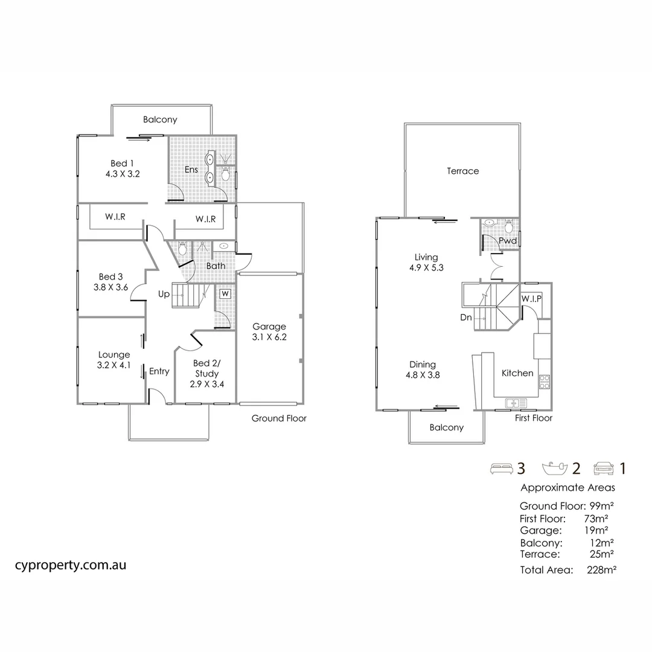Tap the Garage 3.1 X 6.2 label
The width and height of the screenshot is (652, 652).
coord(269,332)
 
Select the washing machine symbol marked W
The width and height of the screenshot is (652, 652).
coord(225,294)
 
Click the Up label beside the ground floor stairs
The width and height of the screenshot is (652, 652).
coord(164,295)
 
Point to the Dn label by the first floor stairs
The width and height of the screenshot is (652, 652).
coord(466,317)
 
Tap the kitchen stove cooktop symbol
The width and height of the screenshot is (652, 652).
coord(544,380)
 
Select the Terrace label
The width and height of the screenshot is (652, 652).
coord(463,171)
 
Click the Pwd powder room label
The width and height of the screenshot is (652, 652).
coord(507,241)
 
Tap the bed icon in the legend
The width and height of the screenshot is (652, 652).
coord(501,468)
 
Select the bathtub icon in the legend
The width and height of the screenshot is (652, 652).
coord(555,468)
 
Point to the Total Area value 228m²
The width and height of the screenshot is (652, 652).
coord(601,569)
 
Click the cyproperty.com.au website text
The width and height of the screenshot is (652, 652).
coord(70,566)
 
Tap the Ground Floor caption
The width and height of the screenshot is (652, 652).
coord(279,418)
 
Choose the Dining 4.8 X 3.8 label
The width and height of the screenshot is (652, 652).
coord(423,369)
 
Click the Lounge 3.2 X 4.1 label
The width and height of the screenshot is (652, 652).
coord(113,360)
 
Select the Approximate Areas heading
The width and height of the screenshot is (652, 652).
coord(567,488)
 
